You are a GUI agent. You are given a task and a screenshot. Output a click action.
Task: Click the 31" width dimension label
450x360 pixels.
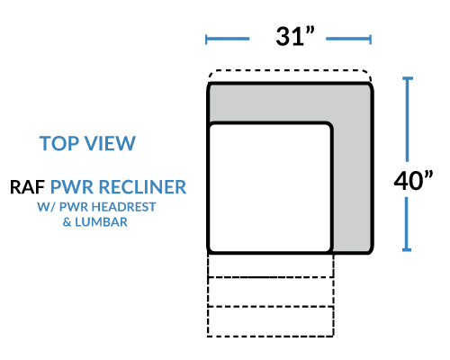click(x=295, y=36)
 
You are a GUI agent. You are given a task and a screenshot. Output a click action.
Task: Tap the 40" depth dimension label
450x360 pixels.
click(x=413, y=180)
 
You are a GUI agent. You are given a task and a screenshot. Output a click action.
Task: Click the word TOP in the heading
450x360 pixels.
click(x=58, y=143)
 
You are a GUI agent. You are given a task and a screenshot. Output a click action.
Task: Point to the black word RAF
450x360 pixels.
click(x=27, y=187)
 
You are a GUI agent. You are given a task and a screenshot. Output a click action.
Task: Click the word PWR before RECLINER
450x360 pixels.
click(x=72, y=187)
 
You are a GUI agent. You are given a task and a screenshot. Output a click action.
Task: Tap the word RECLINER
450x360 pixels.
click(x=142, y=187)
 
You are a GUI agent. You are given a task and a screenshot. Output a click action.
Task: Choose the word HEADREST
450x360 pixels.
click(x=122, y=207)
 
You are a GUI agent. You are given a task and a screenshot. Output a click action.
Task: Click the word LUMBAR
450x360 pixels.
click(x=101, y=222)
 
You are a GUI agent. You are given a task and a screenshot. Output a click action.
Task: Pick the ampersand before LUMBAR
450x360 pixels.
click(x=67, y=222)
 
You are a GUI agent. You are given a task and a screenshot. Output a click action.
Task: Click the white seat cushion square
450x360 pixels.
click(x=270, y=188)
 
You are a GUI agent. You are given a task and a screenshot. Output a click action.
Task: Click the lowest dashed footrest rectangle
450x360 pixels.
click(x=270, y=321)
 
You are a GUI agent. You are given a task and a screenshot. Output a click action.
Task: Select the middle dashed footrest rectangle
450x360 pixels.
click(x=270, y=292)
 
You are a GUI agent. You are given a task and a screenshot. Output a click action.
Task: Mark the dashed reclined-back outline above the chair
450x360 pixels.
click(x=290, y=71)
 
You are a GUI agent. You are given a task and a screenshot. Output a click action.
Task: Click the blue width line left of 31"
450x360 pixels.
click(x=228, y=39)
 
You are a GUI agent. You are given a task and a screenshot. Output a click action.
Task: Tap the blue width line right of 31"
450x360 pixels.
click(x=348, y=39)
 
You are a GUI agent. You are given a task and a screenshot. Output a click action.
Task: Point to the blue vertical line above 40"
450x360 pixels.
click(x=407, y=120)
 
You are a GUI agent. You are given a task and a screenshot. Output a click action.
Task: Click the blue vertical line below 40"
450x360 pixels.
click(x=407, y=224)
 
